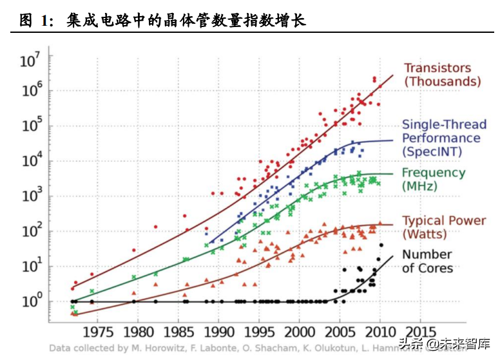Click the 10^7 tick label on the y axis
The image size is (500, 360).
pos(30,62)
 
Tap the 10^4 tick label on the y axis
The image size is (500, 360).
pos(30,162)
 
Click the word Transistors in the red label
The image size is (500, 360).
pos(437,68)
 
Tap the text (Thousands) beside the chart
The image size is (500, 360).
pos(443,82)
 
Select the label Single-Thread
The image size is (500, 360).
pos(441,124)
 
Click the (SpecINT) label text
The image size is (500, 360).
pos(432,152)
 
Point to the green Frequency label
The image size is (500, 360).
pos(433,173)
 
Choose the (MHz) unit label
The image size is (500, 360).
pos(419,186)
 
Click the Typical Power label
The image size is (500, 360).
pos(444,221)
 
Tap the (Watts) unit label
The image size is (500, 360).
pos(425,234)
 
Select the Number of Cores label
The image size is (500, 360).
pos(427,261)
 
